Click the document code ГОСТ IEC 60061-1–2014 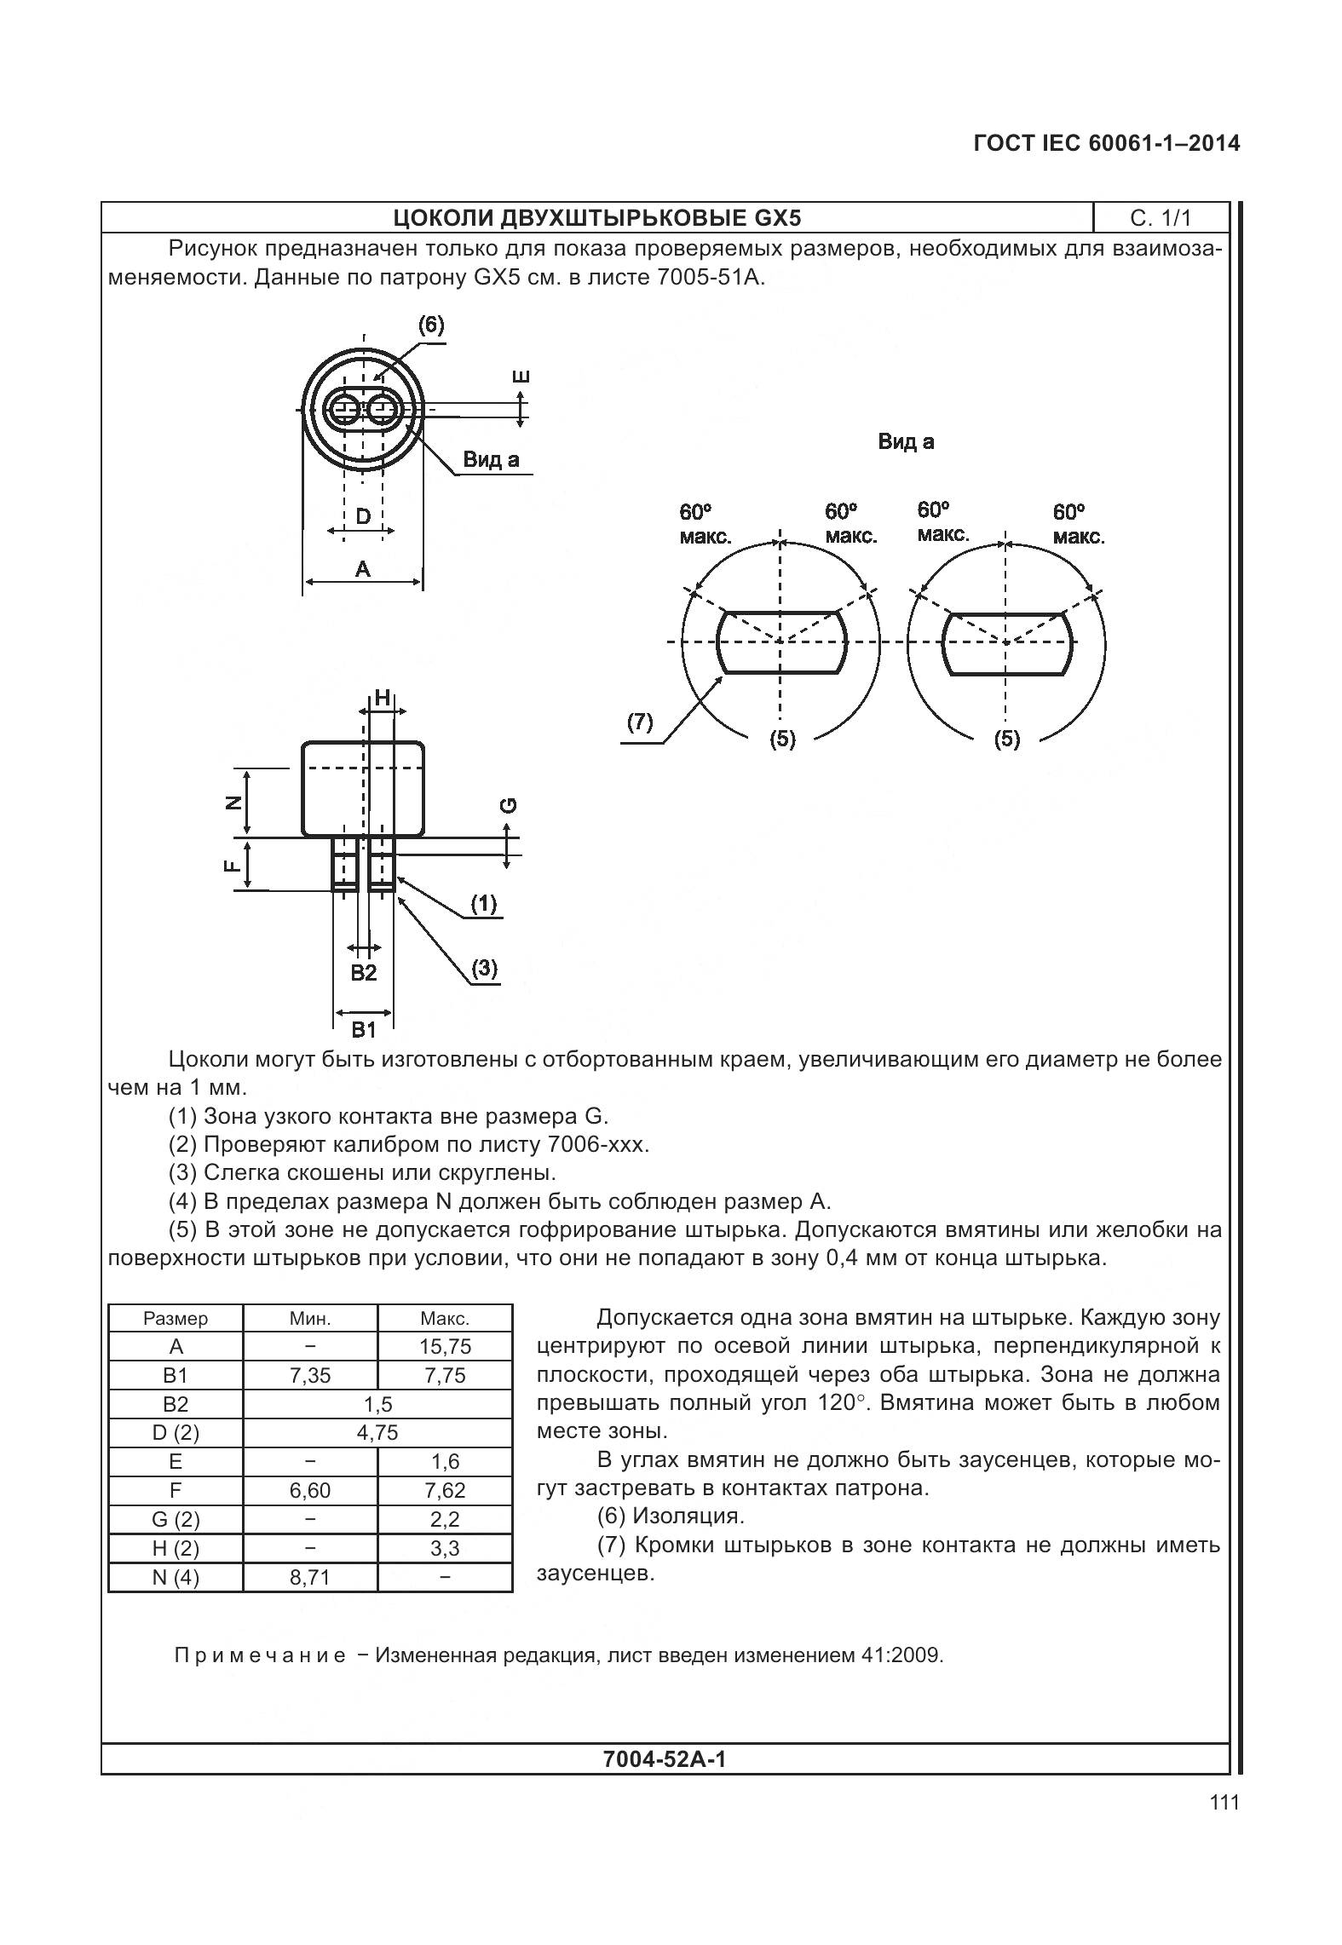tap(1106, 143)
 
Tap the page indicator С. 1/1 tap(1161, 218)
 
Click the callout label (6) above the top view tap(431, 325)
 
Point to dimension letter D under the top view tap(363, 516)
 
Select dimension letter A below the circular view tap(363, 568)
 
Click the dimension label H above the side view tap(383, 698)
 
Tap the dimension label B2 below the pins tap(364, 973)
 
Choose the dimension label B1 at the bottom tap(364, 1030)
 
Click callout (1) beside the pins tap(484, 903)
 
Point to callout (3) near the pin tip tap(484, 969)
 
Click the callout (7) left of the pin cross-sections tap(640, 723)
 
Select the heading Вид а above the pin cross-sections tap(906, 441)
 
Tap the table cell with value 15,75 tap(445, 1346)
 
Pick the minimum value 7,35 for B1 tap(310, 1375)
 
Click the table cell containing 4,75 tap(377, 1432)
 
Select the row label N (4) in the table tap(176, 1577)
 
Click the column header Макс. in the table tap(445, 1318)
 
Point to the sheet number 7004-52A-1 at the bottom tap(664, 1758)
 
